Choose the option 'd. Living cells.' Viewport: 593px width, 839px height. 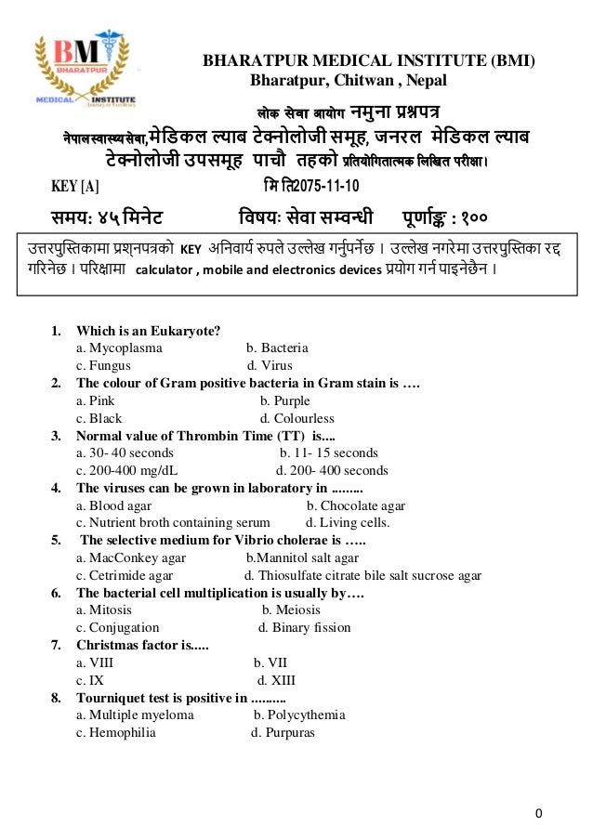click(348, 522)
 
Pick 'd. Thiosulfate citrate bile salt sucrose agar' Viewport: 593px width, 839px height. click(362, 575)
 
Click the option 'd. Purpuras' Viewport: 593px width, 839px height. click(283, 732)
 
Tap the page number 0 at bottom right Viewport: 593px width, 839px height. click(538, 815)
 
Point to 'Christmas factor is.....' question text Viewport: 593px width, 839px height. click(142, 645)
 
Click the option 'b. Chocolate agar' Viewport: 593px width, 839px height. click(356, 505)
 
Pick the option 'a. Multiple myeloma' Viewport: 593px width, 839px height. click(135, 714)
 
